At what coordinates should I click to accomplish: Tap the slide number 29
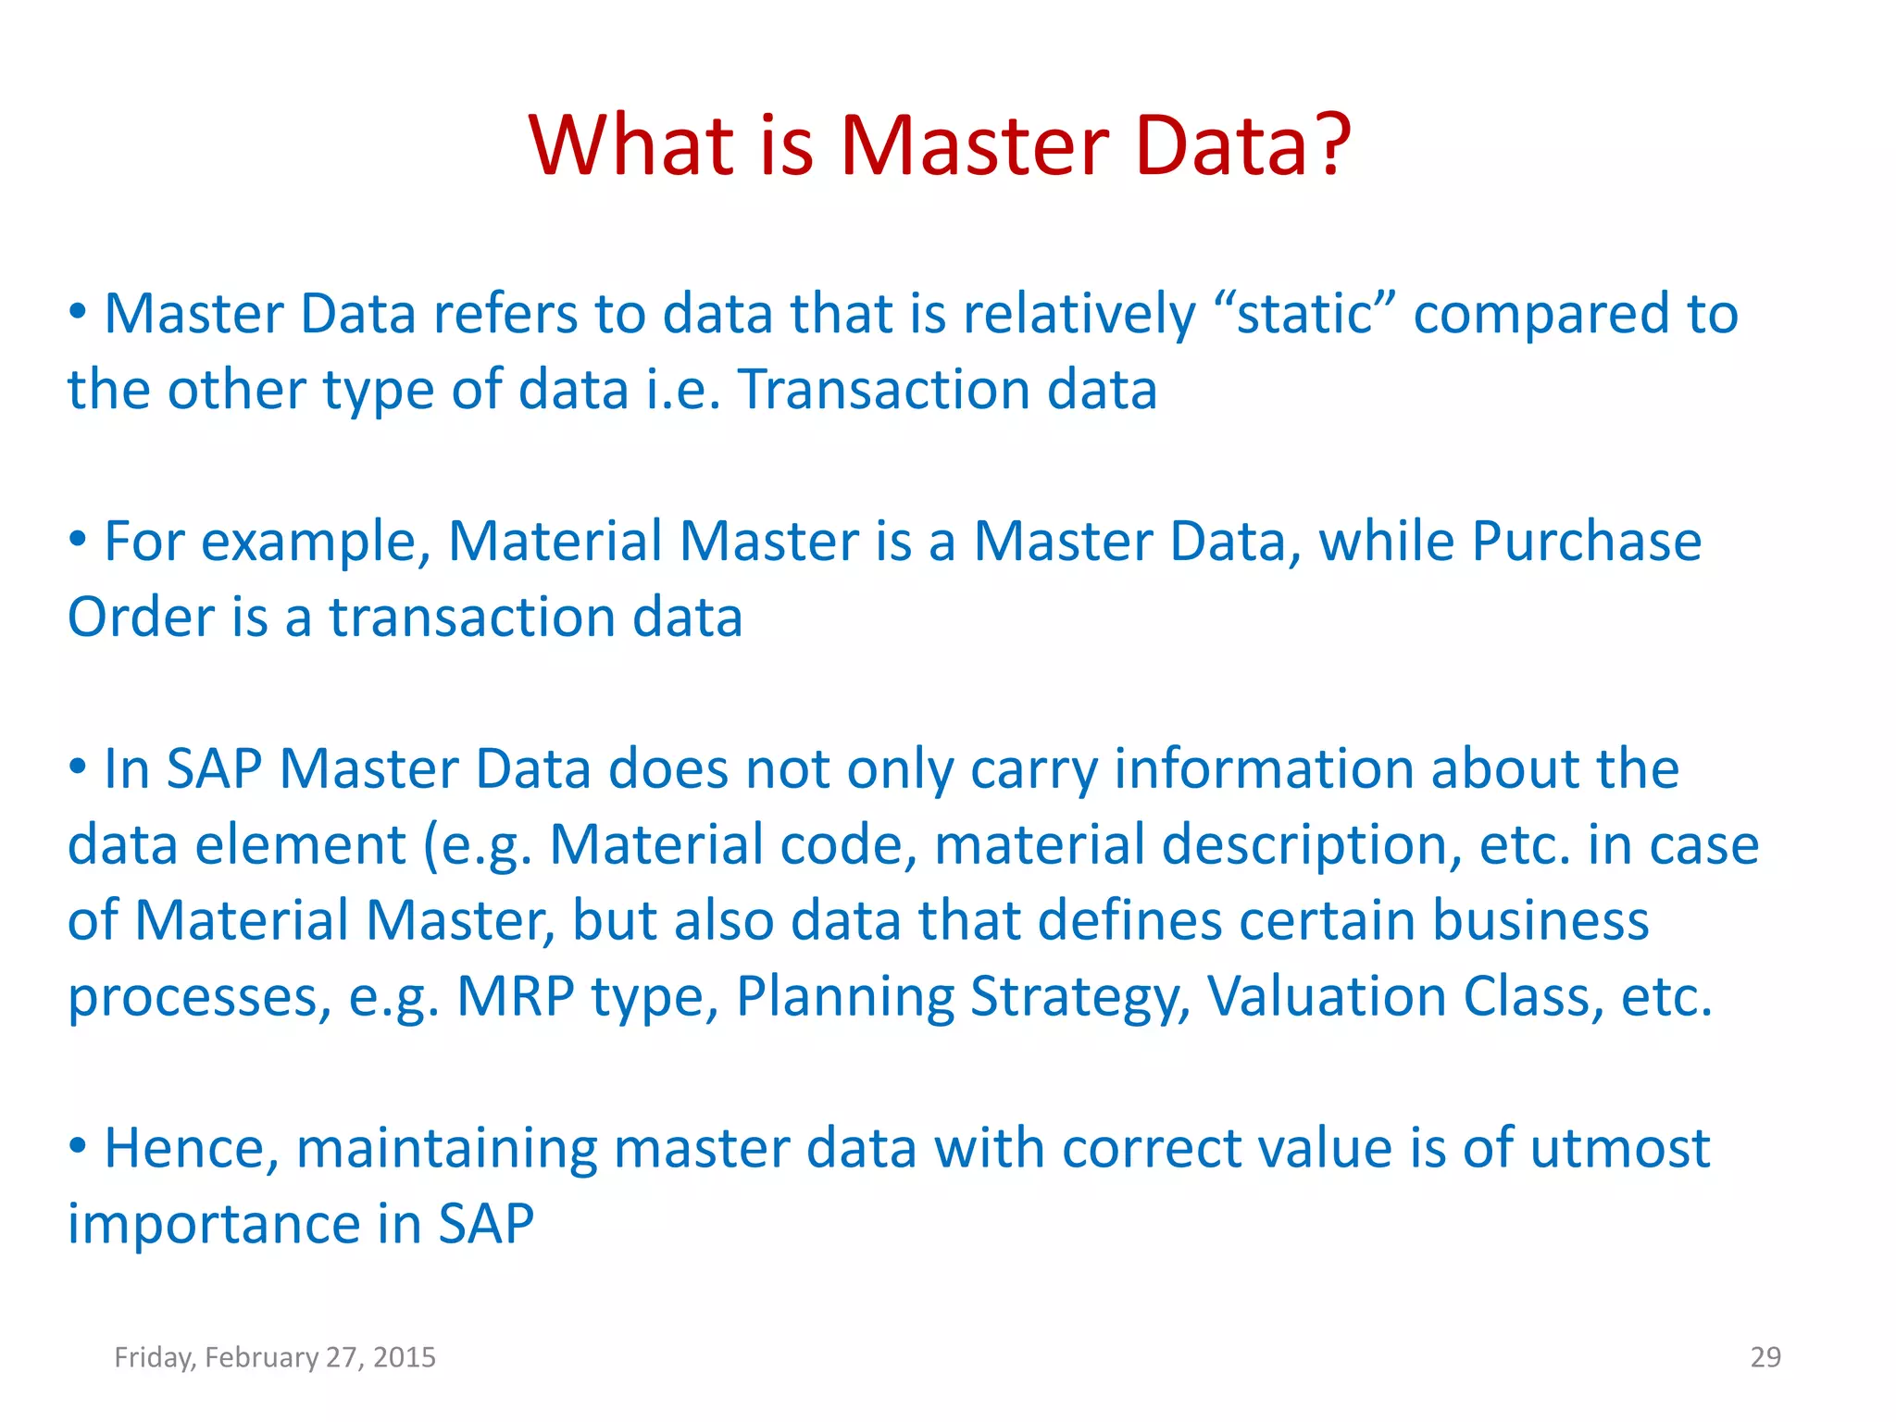point(1765,1357)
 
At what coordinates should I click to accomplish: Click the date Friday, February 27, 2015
point(275,1357)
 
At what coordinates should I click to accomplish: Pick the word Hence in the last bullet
point(192,1148)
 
